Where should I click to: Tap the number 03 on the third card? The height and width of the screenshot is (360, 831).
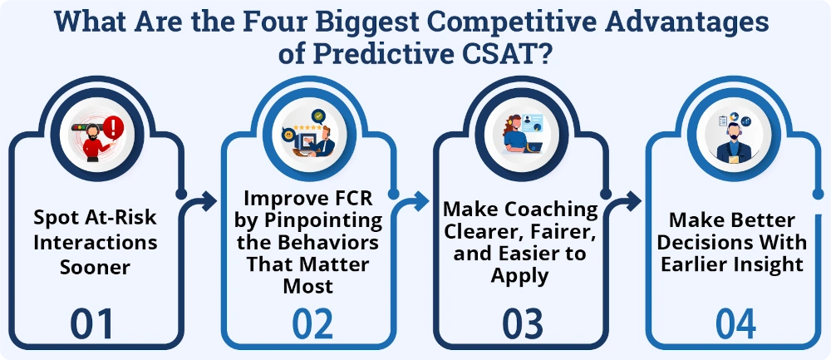[x=519, y=324]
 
